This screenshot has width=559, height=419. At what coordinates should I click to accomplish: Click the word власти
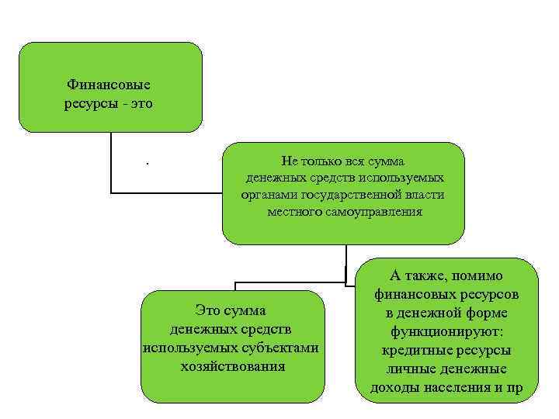click(x=425, y=195)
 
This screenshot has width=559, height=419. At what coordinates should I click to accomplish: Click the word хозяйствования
click(x=232, y=365)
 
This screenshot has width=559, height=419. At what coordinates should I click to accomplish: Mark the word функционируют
click(x=446, y=331)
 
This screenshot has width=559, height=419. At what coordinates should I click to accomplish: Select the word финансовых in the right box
click(x=411, y=295)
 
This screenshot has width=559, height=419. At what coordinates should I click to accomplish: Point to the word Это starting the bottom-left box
click(x=209, y=311)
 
